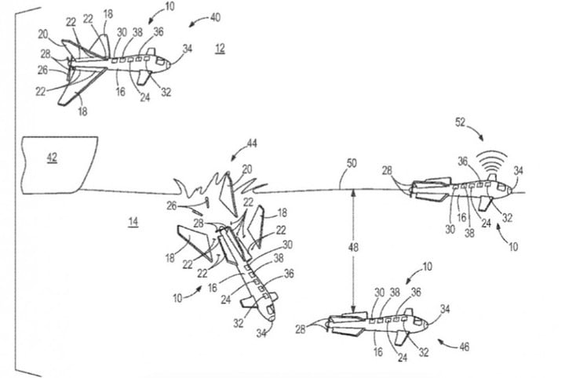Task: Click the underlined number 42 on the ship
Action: coord(53,158)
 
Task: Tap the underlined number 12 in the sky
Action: coord(221,48)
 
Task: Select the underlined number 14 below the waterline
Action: coord(133,221)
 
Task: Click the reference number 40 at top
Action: coord(215,17)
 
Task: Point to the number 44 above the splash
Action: coord(252,144)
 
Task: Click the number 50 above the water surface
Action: coord(352,163)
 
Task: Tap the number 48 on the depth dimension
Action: coord(353,247)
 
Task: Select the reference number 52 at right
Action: coord(460,122)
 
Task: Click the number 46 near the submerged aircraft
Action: coord(465,347)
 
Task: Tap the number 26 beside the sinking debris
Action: coord(172,206)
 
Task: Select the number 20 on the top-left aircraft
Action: coord(43,35)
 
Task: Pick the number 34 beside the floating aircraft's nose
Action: coord(518,171)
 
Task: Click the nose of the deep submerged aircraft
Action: coord(426,325)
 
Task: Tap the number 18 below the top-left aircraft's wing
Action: coord(82,111)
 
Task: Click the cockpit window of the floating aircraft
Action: coord(501,187)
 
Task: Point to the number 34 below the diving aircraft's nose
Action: coord(261,334)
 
